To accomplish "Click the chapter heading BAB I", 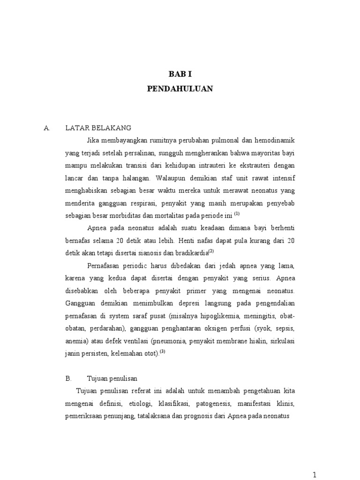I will pyautogui.click(x=180, y=74).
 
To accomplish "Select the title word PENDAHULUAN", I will pyautogui.click(x=180, y=89).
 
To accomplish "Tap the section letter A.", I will pyautogui.click(x=46, y=127).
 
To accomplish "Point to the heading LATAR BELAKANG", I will pyautogui.click(x=98, y=127).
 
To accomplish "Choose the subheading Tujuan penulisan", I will pyautogui.click(x=112, y=377).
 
